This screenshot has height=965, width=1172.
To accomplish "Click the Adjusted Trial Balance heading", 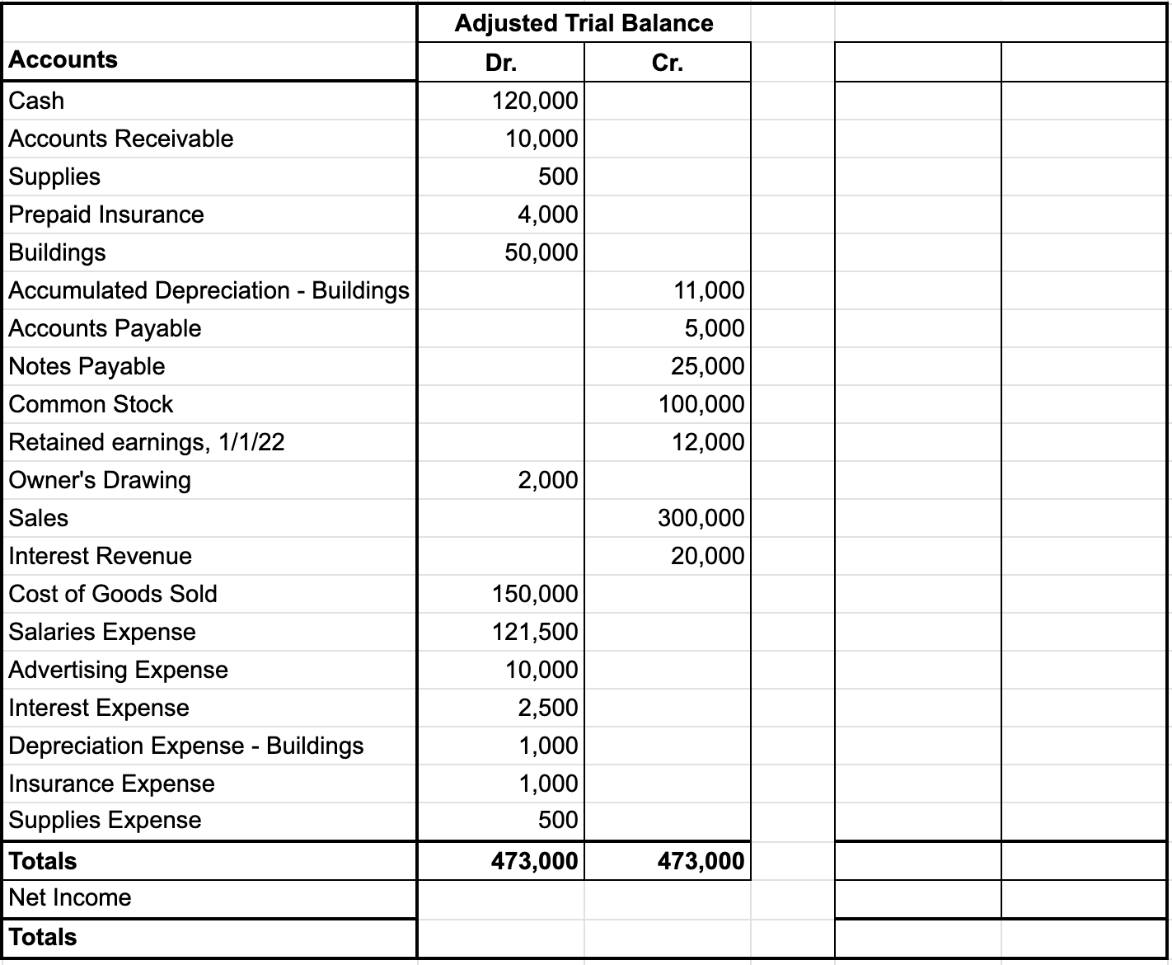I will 584,23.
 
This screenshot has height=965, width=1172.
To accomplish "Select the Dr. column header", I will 500,63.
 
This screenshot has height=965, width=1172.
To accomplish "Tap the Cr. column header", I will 667,63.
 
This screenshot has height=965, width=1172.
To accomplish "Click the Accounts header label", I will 63,60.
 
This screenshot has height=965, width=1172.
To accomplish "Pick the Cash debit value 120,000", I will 535,101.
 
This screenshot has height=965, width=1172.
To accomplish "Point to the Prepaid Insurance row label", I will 106,214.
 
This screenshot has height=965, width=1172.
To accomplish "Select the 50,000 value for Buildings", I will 541,252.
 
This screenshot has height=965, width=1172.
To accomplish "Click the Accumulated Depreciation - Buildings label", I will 209,290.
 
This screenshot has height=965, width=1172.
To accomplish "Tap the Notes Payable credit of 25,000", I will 707,366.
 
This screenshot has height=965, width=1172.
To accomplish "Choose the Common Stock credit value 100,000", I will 701,404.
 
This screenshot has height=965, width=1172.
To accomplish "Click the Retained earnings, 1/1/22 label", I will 147,442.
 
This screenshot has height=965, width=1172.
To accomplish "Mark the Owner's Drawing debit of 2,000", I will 548,480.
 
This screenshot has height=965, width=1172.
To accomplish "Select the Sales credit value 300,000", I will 701,518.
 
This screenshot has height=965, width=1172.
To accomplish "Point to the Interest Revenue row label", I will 100,556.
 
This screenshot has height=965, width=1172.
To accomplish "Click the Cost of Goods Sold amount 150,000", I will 535,594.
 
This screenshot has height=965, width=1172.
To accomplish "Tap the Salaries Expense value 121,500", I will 535,632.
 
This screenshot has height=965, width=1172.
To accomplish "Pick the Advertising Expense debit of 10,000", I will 541,670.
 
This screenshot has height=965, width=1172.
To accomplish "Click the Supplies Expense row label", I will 105,820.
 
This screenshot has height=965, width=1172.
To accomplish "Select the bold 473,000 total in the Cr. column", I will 701,861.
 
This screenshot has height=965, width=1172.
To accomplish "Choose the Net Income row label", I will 70,897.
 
